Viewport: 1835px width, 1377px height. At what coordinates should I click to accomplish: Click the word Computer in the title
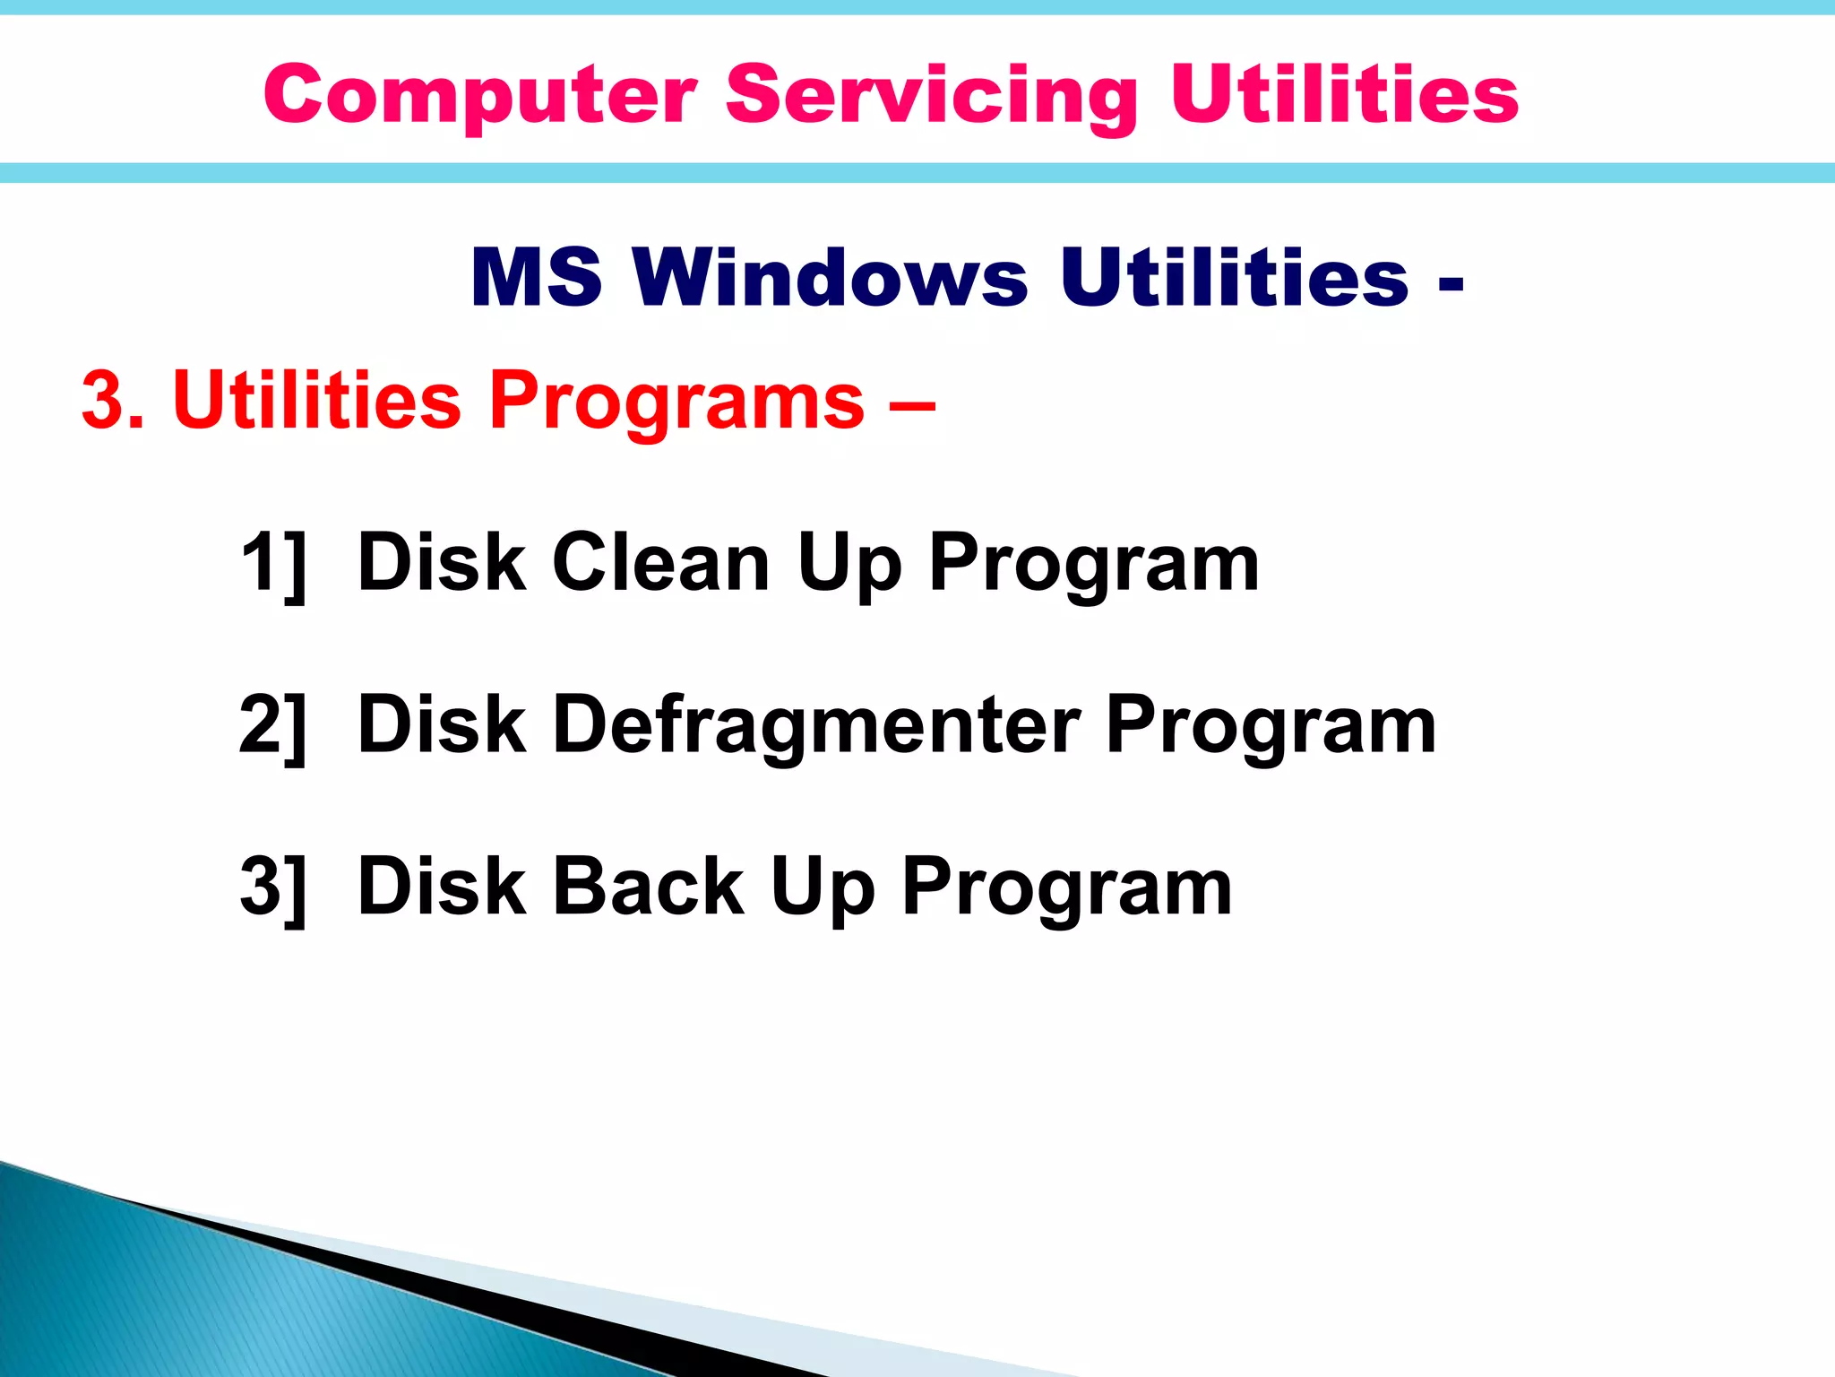[479, 95]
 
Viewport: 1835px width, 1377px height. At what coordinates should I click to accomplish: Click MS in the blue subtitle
[536, 277]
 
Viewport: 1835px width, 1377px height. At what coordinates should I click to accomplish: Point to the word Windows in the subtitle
[830, 277]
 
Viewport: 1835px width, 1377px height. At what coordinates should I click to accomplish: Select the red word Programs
[676, 402]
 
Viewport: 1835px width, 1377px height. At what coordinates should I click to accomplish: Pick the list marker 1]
[273, 563]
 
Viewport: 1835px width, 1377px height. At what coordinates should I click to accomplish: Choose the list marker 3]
[273, 887]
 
